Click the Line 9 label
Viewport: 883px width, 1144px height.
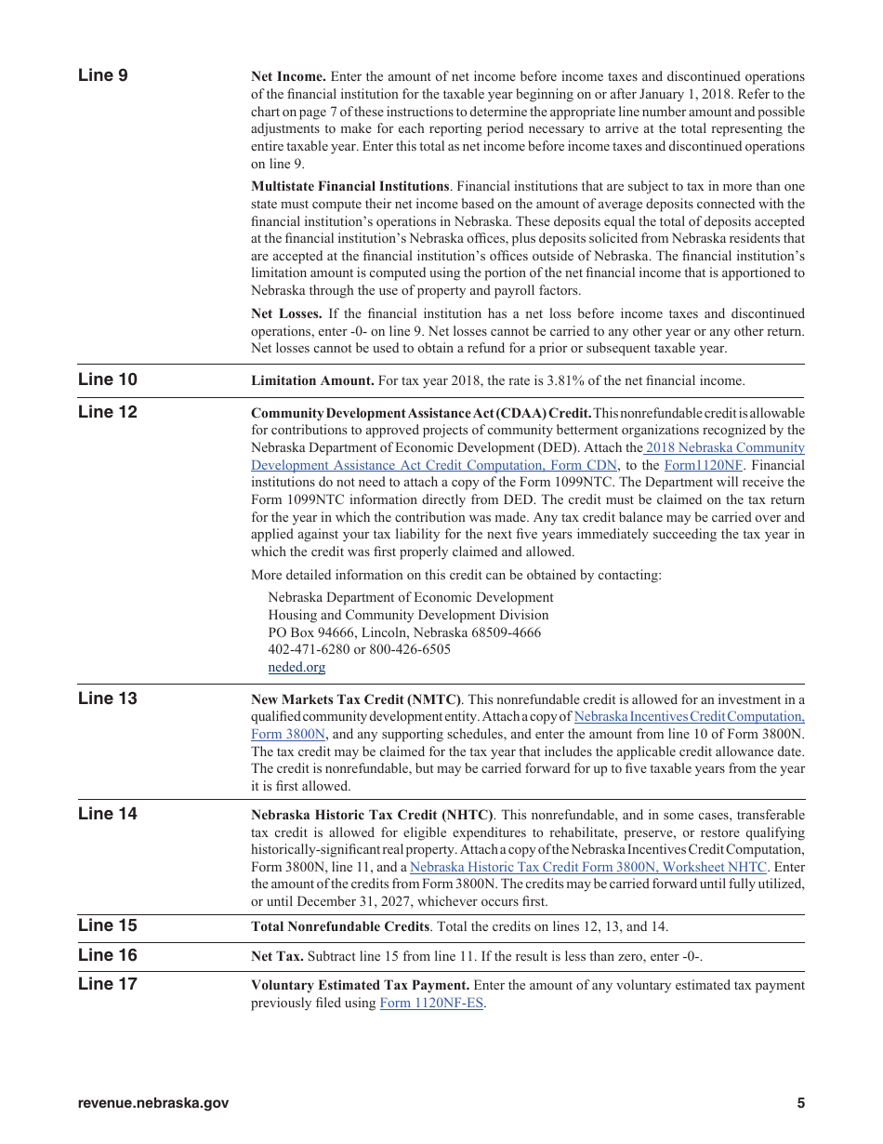(x=103, y=75)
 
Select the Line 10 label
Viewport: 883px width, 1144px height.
(x=107, y=379)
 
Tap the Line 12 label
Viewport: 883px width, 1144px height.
(x=107, y=412)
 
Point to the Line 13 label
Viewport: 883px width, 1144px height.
(x=107, y=698)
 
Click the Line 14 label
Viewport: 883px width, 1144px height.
(x=107, y=814)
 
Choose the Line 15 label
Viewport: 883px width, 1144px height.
(x=107, y=925)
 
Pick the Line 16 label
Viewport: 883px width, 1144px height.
(x=107, y=955)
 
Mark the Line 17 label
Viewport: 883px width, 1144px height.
(x=107, y=984)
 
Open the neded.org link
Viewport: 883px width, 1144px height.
(x=297, y=667)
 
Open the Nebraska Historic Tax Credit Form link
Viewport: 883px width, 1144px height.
(x=588, y=867)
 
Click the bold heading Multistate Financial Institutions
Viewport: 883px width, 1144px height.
(x=349, y=187)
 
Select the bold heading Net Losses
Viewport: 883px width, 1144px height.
(x=286, y=314)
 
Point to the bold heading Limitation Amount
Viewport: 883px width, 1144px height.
(x=312, y=380)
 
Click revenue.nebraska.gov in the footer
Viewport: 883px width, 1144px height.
(x=153, y=1104)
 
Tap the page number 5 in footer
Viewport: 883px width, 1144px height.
(x=800, y=1104)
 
